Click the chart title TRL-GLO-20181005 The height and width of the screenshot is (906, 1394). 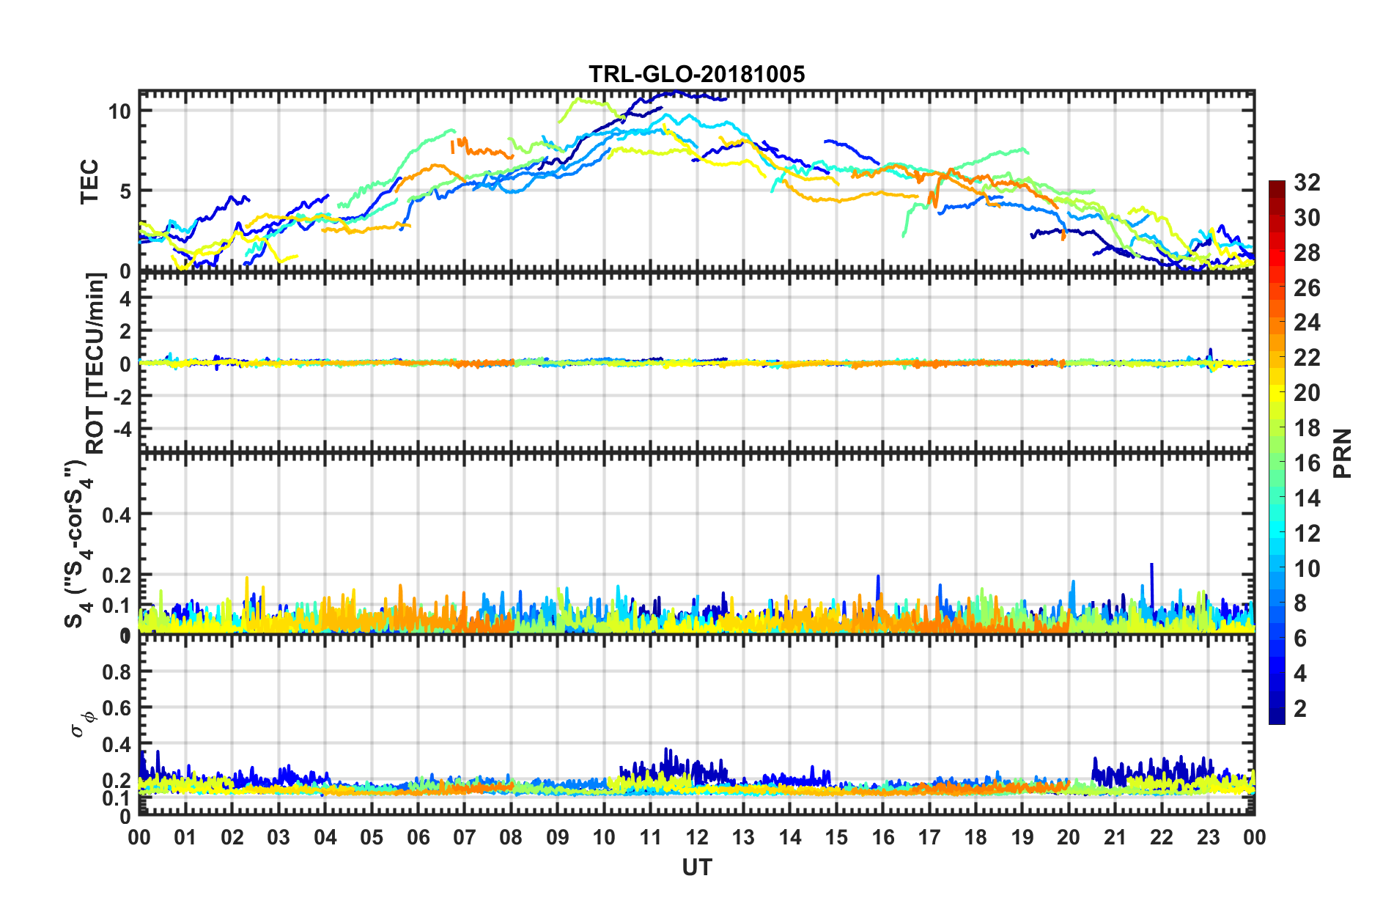point(696,74)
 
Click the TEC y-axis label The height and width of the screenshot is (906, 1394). point(89,182)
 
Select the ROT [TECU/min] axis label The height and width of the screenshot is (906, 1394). point(96,364)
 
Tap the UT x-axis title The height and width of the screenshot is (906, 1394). point(696,868)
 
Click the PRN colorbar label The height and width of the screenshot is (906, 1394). point(1343,454)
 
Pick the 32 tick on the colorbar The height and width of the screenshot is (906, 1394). point(1307,183)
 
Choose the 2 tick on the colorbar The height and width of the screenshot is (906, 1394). point(1301,709)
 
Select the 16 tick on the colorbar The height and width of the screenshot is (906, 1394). point(1307,463)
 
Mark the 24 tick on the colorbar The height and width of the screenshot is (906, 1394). point(1307,323)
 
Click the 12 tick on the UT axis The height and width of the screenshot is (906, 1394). point(697,837)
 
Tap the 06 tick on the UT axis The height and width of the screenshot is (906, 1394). point(418,837)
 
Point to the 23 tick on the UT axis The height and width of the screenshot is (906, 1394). point(1208,837)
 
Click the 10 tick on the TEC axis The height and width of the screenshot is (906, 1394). point(119,111)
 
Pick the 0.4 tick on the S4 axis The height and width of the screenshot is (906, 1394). point(117,515)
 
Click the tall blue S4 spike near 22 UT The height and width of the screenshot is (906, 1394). point(1152,566)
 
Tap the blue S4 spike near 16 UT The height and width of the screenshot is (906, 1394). point(878,578)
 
